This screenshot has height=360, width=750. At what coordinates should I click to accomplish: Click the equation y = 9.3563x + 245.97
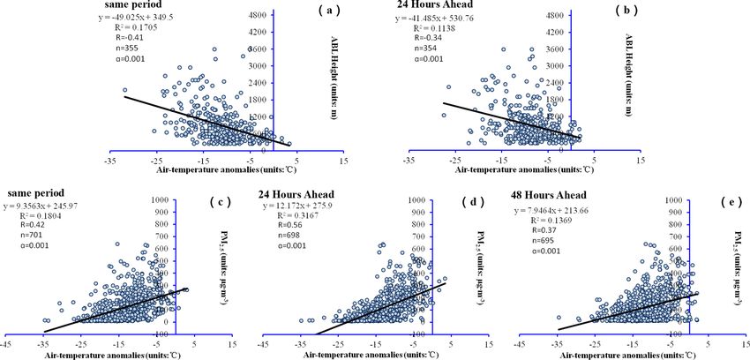45,206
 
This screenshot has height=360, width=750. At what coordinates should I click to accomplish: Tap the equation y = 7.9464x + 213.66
551,211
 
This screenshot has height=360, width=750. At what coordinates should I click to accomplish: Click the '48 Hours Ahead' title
550,195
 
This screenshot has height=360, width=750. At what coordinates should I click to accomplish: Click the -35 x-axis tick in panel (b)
409,161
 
